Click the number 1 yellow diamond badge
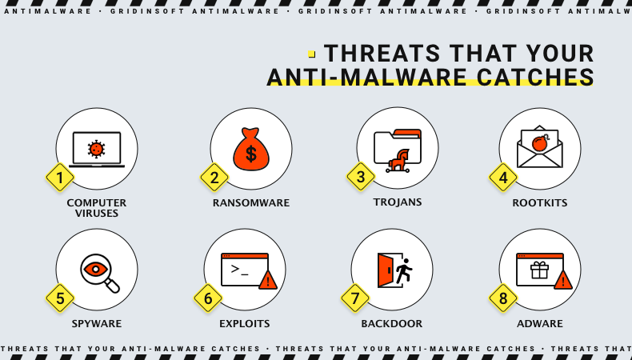60,178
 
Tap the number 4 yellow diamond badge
503,178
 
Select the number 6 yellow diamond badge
208,298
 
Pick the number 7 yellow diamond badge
355,298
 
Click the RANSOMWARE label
251,203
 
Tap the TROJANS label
398,202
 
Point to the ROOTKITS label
540,203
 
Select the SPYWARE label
97,324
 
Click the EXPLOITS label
245,324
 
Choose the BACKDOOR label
392,324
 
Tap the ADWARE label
540,324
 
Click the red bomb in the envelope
540,143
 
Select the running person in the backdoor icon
403,270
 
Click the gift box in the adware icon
540,270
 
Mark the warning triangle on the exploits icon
268,280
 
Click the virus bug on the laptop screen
97,148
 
